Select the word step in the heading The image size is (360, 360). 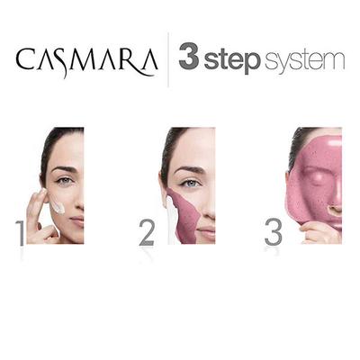click(232, 61)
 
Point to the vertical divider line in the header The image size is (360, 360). click(167, 59)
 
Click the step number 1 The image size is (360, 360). click(19, 231)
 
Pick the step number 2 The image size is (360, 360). click(147, 231)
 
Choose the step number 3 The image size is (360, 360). click(273, 231)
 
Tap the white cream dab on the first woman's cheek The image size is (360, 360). click(58, 208)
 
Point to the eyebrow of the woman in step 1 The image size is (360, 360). click(62, 169)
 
